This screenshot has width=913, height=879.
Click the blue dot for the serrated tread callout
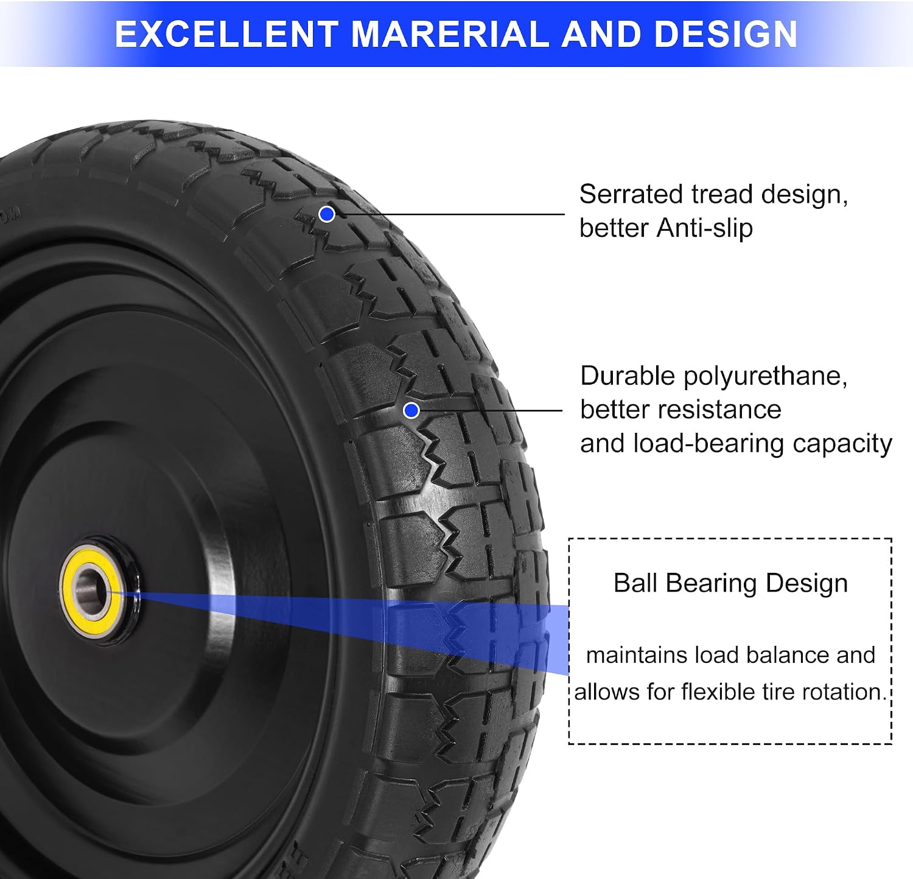tap(327, 214)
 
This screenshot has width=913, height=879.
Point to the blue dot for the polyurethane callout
tap(411, 411)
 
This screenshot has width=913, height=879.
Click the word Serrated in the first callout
tap(631, 195)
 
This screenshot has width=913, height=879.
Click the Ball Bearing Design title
tap(730, 583)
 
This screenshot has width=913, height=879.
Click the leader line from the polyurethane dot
tap(491, 411)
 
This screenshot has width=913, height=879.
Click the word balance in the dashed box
tap(788, 656)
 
